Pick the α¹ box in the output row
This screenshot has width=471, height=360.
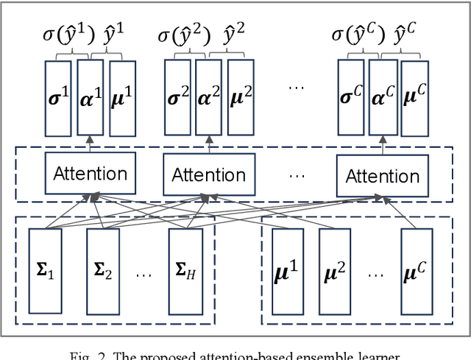pyautogui.click(x=90, y=97)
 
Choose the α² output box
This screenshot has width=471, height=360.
pyautogui.click(x=208, y=97)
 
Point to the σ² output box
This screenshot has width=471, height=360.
pyautogui.click(x=176, y=97)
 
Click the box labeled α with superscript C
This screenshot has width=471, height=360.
pyautogui.click(x=381, y=97)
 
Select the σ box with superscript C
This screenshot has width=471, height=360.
pyautogui.click(x=350, y=97)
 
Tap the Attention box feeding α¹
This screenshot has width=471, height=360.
pyautogui.click(x=91, y=174)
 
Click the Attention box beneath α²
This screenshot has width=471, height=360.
pyautogui.click(x=208, y=174)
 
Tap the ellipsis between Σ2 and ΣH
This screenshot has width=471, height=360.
pyautogui.click(x=144, y=274)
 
